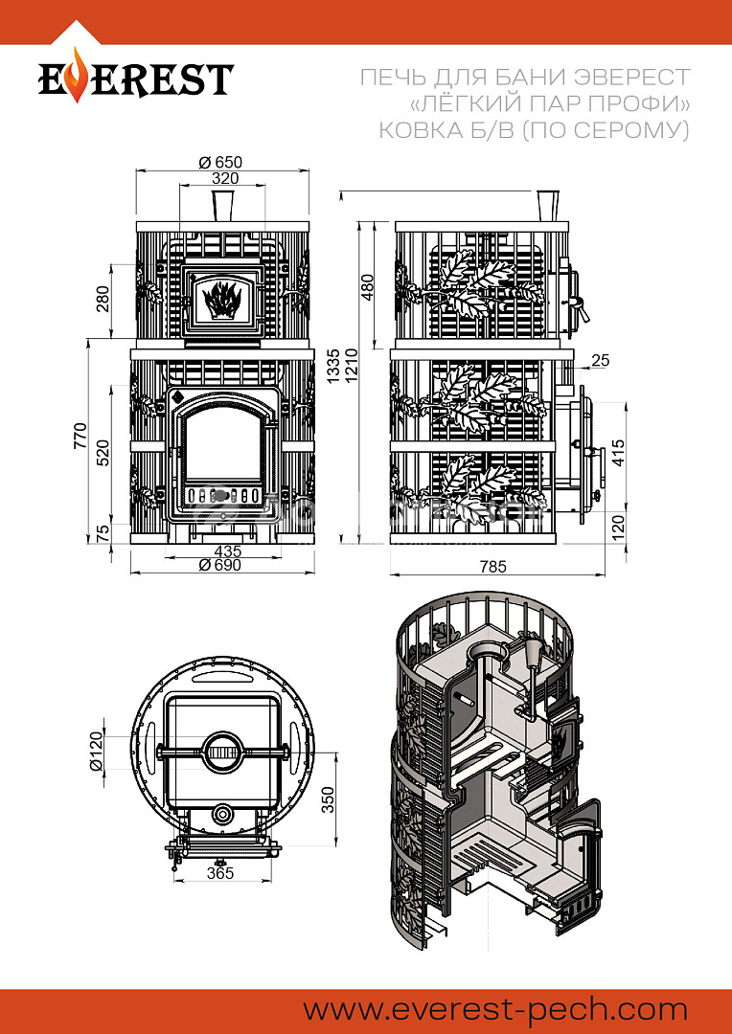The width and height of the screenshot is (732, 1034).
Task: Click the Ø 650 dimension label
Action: click(x=220, y=162)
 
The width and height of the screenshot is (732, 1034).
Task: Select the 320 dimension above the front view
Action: click(x=225, y=178)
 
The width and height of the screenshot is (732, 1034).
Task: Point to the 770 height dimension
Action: click(x=79, y=436)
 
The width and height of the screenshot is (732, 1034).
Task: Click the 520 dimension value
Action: click(x=103, y=452)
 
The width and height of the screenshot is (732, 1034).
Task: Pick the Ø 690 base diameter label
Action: click(x=221, y=565)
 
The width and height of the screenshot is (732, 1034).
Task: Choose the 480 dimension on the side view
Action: click(x=368, y=287)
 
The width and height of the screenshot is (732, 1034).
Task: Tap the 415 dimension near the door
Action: click(x=618, y=453)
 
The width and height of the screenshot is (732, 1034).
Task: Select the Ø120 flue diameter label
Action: click(x=97, y=751)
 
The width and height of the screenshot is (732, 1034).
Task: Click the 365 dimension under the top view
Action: click(x=220, y=872)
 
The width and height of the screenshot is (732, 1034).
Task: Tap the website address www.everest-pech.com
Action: click(x=495, y=1010)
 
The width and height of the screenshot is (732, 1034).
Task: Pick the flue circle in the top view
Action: click(x=224, y=751)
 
